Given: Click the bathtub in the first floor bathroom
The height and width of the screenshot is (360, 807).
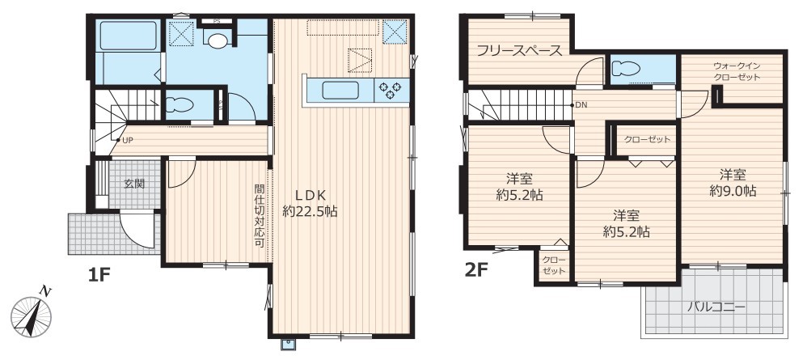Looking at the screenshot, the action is tap(127, 36).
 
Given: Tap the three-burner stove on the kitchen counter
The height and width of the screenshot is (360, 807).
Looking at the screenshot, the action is tap(391, 91).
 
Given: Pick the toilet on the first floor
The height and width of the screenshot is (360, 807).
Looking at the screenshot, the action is tap(180, 105).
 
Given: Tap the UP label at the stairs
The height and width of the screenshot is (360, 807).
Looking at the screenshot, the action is tap(126, 140).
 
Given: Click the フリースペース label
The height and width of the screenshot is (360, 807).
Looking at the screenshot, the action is tap(519, 50).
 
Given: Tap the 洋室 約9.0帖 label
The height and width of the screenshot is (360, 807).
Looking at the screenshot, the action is tap(733, 182).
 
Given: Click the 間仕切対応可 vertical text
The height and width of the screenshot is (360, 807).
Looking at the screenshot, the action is tap(260, 216).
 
